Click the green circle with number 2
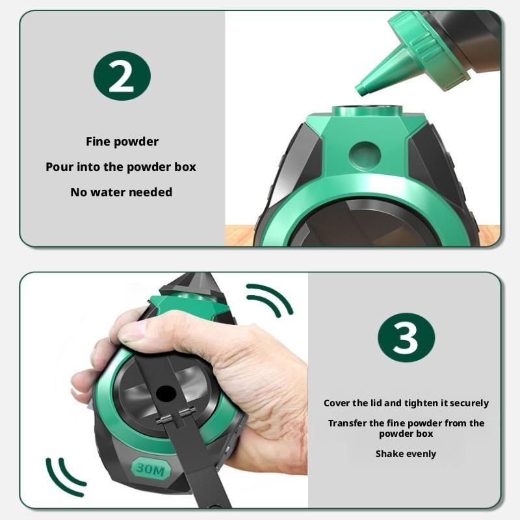pyautogui.click(x=122, y=76)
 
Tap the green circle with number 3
pyautogui.click(x=406, y=337)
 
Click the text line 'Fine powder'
pyautogui.click(x=122, y=141)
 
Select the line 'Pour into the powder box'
pyautogui.click(x=121, y=166)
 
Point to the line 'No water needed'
pyautogui.click(x=122, y=192)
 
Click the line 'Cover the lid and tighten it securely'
pyautogui.click(x=406, y=403)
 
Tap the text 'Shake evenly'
pyautogui.click(x=406, y=454)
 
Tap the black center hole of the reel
pyautogui.click(x=166, y=393)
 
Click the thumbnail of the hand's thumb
pyautogui.click(x=134, y=332)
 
